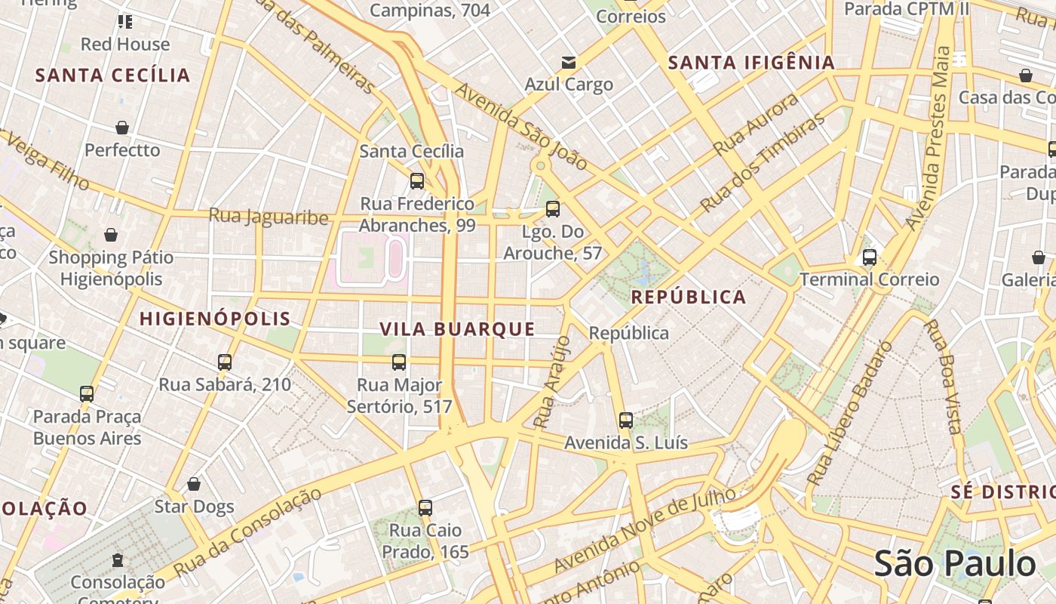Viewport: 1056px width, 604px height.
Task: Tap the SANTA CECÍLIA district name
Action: (113, 75)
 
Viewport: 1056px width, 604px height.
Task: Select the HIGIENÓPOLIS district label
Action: (215, 319)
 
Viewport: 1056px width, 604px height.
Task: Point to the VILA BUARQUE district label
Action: (457, 329)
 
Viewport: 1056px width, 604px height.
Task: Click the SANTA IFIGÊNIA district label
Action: (751, 63)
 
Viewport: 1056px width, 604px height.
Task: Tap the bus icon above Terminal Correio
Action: (869, 257)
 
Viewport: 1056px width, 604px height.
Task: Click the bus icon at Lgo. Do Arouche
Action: (553, 209)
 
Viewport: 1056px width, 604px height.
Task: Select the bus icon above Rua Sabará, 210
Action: (224, 362)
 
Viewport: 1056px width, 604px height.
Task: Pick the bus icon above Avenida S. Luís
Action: (625, 421)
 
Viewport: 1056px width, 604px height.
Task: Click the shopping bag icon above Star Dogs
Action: (194, 484)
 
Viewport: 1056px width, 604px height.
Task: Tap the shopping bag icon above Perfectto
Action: (122, 128)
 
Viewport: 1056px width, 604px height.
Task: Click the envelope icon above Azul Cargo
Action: (568, 62)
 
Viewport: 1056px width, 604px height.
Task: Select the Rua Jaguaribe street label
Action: (269, 217)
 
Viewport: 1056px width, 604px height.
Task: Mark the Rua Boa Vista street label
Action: (943, 377)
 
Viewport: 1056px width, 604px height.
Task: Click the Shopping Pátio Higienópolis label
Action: (111, 268)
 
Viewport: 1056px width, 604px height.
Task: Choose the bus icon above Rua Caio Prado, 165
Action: (425, 508)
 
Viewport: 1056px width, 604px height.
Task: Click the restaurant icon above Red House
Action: (125, 22)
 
